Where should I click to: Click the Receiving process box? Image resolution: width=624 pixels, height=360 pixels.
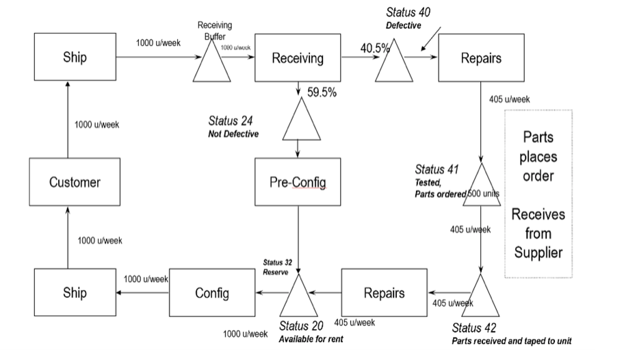(298, 58)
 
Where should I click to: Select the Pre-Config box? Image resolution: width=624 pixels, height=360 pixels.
(298, 182)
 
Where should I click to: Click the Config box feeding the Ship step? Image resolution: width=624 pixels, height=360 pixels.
(211, 293)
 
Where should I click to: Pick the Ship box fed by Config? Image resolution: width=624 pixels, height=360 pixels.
(75, 293)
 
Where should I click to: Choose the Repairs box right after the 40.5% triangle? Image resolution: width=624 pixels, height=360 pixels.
(480, 58)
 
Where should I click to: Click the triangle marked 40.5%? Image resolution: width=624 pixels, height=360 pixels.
(394, 66)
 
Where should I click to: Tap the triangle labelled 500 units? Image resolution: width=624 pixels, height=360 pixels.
(482, 188)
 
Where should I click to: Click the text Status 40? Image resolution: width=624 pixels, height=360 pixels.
(408, 12)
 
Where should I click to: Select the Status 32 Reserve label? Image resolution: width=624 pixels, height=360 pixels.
(276, 267)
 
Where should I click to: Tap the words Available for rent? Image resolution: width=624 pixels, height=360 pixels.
(311, 339)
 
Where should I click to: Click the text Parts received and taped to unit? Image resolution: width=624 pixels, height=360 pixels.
(511, 340)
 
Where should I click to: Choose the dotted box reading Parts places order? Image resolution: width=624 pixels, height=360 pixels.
(538, 193)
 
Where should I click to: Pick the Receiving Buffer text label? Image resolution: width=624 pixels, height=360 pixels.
(215, 30)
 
